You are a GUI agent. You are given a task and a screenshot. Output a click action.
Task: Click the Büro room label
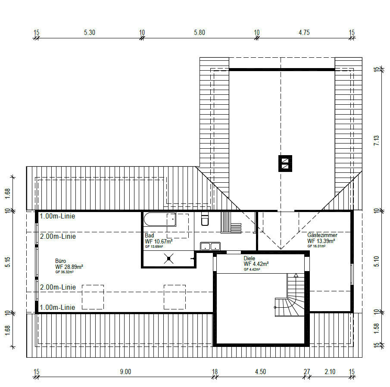pos(60,261)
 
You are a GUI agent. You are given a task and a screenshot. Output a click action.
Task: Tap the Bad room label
pos(149,235)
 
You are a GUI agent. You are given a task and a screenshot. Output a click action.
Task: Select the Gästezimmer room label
pos(322,235)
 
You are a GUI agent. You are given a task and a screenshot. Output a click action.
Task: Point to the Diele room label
pos(249,258)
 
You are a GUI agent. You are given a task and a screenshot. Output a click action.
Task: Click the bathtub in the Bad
pos(160,219)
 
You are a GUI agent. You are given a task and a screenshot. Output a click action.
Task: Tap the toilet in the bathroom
pos(205,218)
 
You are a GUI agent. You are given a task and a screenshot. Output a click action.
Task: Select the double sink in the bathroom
pos(210,246)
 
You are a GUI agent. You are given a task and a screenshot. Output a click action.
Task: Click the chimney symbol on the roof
pos(285,163)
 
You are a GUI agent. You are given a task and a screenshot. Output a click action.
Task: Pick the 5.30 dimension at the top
pos(90,33)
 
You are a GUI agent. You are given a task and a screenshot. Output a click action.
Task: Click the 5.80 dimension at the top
pos(200,33)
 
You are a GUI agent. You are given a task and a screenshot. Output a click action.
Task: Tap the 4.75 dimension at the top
pos(304,33)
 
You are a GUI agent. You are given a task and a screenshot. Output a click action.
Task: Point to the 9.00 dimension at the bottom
pos(125,371)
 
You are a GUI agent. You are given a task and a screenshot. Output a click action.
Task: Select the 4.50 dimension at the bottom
pos(260,371)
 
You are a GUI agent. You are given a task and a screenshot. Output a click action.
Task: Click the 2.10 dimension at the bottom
pos(330,371)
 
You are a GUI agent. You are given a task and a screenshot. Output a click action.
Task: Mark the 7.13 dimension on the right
pos(377,140)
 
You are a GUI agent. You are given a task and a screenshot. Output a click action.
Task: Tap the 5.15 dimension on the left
pos(8,262)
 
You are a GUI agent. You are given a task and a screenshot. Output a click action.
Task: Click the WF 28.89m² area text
pos(69,267)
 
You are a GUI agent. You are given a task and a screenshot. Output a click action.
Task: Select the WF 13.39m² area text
pos(321,241)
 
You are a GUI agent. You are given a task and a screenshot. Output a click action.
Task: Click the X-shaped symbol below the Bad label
pos(168,259)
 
